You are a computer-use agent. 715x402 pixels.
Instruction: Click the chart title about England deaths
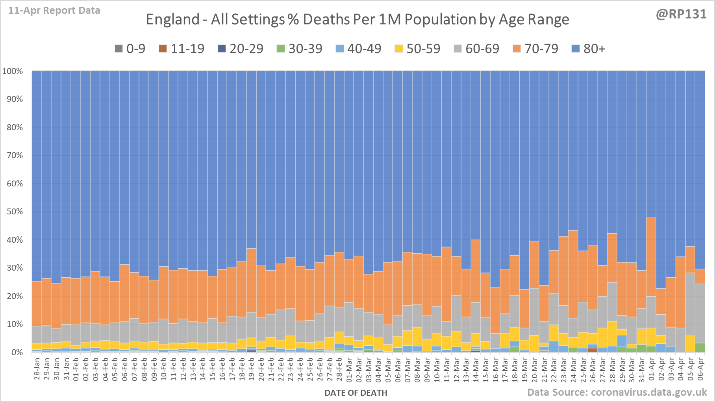[x=357, y=19]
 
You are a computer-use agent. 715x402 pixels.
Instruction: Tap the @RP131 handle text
[x=681, y=14]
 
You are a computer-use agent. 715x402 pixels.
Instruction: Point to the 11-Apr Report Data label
[x=54, y=11]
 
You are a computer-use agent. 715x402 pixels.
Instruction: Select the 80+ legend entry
[x=588, y=49]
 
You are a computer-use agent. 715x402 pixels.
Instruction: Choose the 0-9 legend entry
[x=130, y=49]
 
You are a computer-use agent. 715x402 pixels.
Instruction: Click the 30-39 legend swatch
[x=280, y=49]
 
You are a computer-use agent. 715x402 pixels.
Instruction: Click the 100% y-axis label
[x=13, y=71]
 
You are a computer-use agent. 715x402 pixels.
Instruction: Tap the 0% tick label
[x=17, y=352]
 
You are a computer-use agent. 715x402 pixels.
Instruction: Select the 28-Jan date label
[x=37, y=369]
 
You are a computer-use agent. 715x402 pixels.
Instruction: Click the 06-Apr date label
[x=700, y=369]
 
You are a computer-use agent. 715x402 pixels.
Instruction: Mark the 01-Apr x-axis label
[x=651, y=369]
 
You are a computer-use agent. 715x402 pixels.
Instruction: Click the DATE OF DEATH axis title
[x=356, y=393]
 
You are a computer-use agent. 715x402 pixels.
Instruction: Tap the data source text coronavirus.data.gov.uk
[x=617, y=392]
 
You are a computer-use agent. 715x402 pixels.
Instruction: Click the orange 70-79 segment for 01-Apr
[x=651, y=256]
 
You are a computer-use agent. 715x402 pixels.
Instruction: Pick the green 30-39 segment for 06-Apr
[x=700, y=348]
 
